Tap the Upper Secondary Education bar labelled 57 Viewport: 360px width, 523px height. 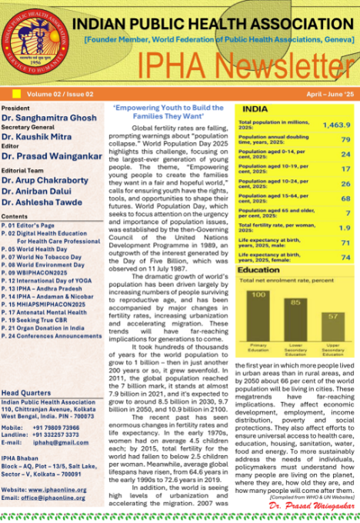332,326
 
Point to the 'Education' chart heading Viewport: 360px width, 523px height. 258,271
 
